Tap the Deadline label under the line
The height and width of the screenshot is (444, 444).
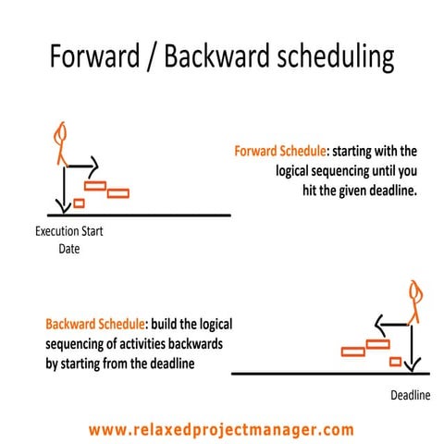point(407,394)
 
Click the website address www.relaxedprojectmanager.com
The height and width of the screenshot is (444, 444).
point(222,430)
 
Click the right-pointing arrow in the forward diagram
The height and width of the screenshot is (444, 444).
point(81,166)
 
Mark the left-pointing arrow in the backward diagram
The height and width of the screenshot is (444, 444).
point(393,326)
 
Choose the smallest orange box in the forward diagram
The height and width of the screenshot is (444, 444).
point(79,203)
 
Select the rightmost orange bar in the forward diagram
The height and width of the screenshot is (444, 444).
point(118,193)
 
